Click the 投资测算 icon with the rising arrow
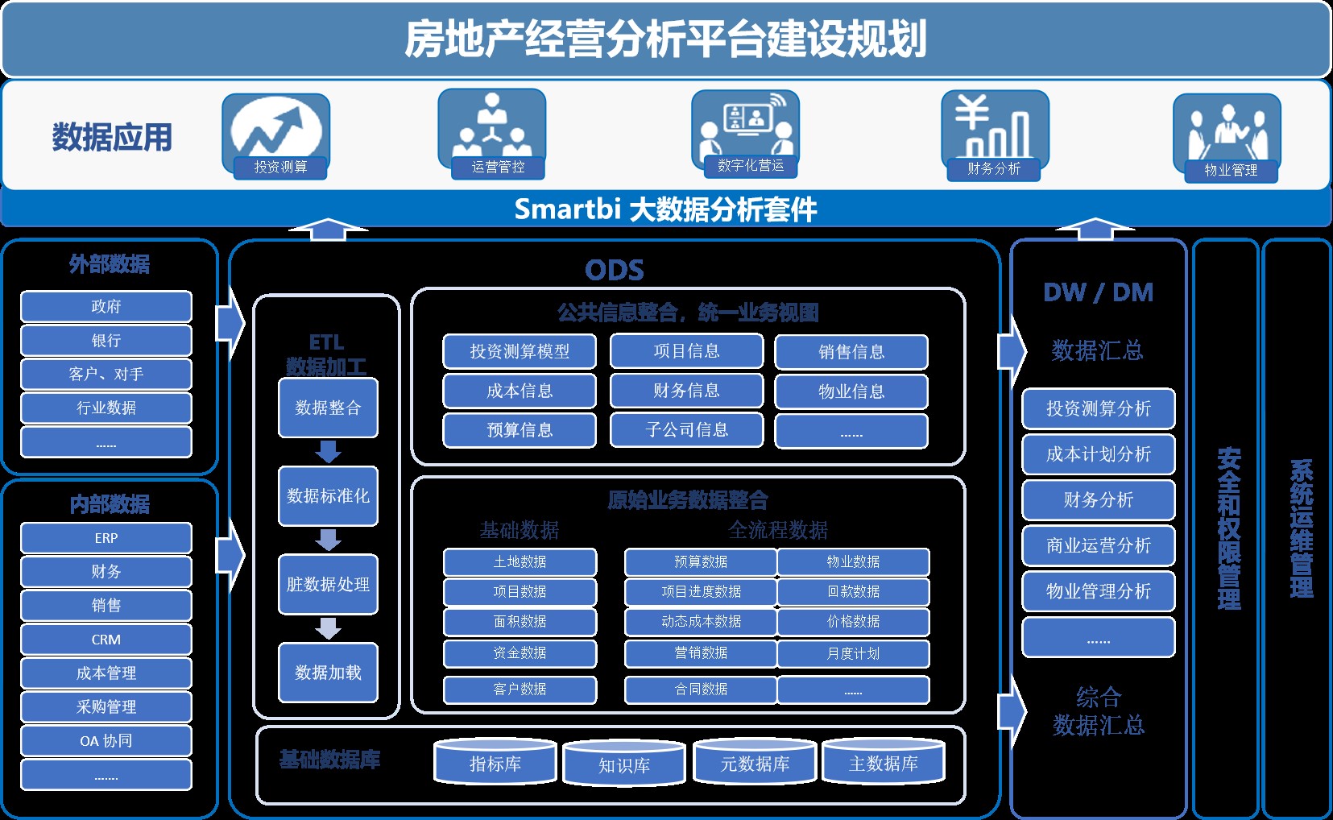(x=275, y=129)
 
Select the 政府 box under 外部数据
(x=106, y=307)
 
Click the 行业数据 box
(x=106, y=408)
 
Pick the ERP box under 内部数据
(x=106, y=538)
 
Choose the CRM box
(x=106, y=640)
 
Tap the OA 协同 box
(x=106, y=741)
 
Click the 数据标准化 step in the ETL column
(x=328, y=496)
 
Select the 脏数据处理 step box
(x=328, y=585)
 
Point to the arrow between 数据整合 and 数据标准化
(x=328, y=452)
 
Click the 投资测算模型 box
(x=520, y=352)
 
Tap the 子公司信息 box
(x=686, y=430)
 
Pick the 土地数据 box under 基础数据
(x=520, y=562)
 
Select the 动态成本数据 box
(x=701, y=622)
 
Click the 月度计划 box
(x=853, y=653)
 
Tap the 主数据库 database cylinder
(x=884, y=762)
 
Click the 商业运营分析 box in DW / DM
(x=1098, y=546)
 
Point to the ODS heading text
(x=615, y=270)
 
